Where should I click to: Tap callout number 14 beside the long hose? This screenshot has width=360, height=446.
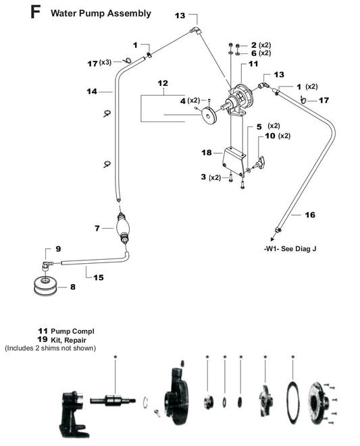pyautogui.click(x=92, y=90)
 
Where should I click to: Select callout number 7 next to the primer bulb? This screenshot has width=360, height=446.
pyautogui.click(x=98, y=229)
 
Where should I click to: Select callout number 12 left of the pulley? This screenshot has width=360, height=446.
pyautogui.click(x=162, y=83)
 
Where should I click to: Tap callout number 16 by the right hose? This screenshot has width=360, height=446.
pyautogui.click(x=310, y=215)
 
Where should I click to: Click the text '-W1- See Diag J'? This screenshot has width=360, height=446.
pyautogui.click(x=290, y=248)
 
